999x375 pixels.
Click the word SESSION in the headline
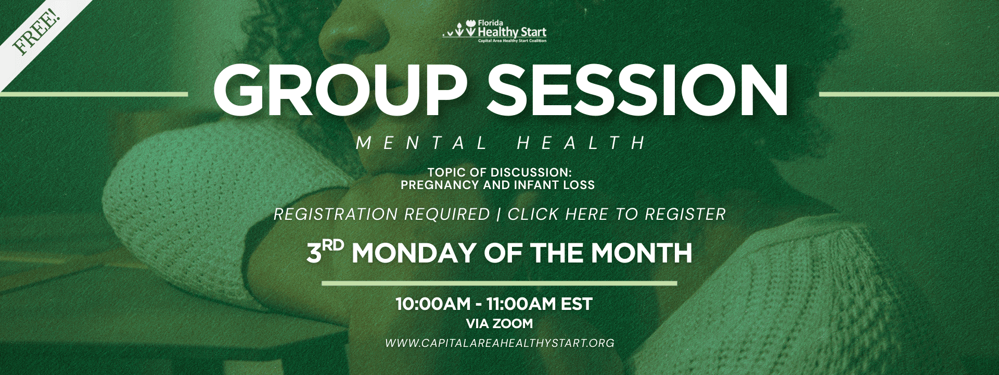(638, 92)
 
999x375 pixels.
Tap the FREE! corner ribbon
(36, 31)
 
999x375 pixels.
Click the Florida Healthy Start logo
(494, 31)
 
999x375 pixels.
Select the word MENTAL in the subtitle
(422, 143)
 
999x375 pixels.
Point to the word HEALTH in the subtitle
(582, 143)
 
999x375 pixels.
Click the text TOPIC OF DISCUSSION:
(499, 172)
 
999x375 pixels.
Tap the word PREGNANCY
(440, 184)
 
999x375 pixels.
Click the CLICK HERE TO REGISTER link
(617, 214)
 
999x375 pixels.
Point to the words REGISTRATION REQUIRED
(382, 214)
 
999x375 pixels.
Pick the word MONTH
(642, 253)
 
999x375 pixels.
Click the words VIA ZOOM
(499, 323)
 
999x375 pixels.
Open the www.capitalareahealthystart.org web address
(499, 343)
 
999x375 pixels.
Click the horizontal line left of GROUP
(94, 94)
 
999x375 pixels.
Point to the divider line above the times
(499, 283)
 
